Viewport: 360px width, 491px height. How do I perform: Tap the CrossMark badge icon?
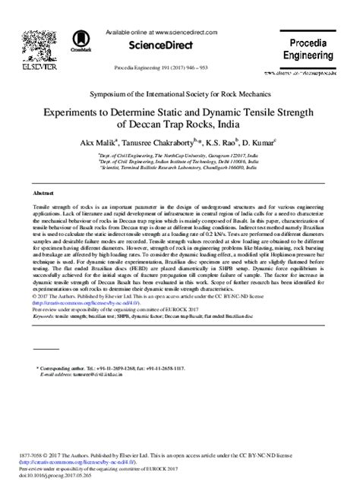(77, 41)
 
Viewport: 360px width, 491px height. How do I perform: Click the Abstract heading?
(34, 194)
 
